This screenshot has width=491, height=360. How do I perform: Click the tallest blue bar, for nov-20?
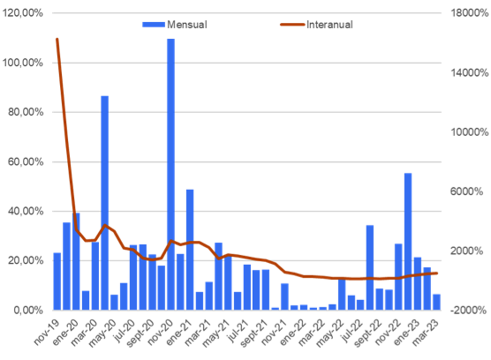(170, 174)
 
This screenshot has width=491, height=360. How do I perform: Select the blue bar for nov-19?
(57, 281)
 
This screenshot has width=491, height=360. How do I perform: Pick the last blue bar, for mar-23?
(436, 302)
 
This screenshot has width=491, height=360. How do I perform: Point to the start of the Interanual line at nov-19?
(57, 39)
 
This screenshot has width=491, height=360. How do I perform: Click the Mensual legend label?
(187, 25)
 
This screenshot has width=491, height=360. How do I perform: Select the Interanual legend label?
(329, 25)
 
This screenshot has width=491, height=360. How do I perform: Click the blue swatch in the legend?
(154, 25)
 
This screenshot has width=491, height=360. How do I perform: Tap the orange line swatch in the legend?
(292, 25)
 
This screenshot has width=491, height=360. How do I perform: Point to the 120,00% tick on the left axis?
(22, 13)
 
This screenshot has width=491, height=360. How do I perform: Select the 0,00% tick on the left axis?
(28, 310)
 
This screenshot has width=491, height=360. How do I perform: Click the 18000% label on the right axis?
(470, 13)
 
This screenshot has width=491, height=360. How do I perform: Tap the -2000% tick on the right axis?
(468, 310)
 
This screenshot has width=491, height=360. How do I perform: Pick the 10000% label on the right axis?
(470, 132)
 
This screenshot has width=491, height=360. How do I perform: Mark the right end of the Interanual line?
(436, 273)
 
